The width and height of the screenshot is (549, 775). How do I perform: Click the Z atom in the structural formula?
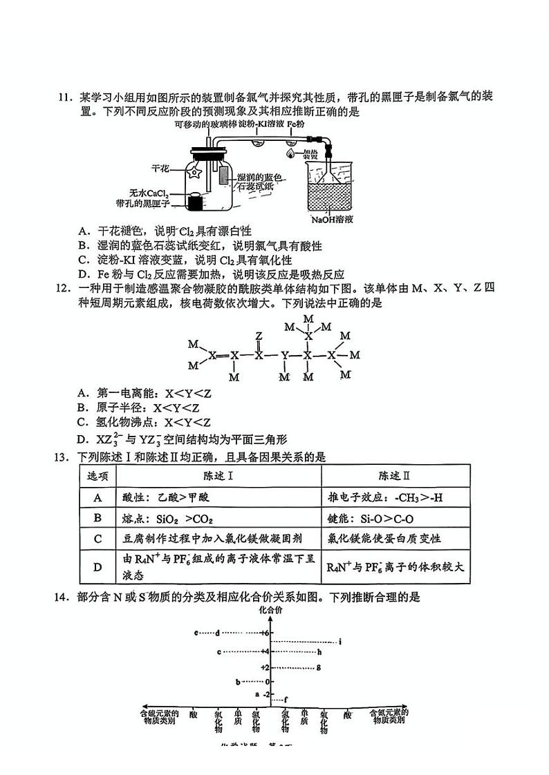click(x=259, y=336)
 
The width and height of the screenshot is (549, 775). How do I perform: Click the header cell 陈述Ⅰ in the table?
click(x=218, y=476)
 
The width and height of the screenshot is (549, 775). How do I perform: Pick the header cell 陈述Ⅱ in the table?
click(x=396, y=476)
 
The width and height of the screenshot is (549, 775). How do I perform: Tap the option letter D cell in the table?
click(x=97, y=566)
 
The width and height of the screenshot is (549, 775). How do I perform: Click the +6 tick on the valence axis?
click(x=265, y=633)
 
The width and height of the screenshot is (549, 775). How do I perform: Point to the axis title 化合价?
click(x=270, y=611)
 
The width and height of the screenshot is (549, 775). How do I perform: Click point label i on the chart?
click(x=341, y=642)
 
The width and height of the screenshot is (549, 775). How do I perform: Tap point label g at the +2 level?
click(x=318, y=667)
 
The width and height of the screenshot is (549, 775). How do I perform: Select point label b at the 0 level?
click(x=237, y=682)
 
